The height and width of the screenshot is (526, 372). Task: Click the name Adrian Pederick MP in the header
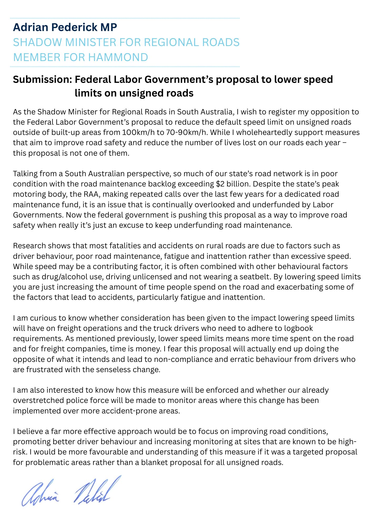click(x=65, y=27)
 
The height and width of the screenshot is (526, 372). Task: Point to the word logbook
click(x=298, y=328)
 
